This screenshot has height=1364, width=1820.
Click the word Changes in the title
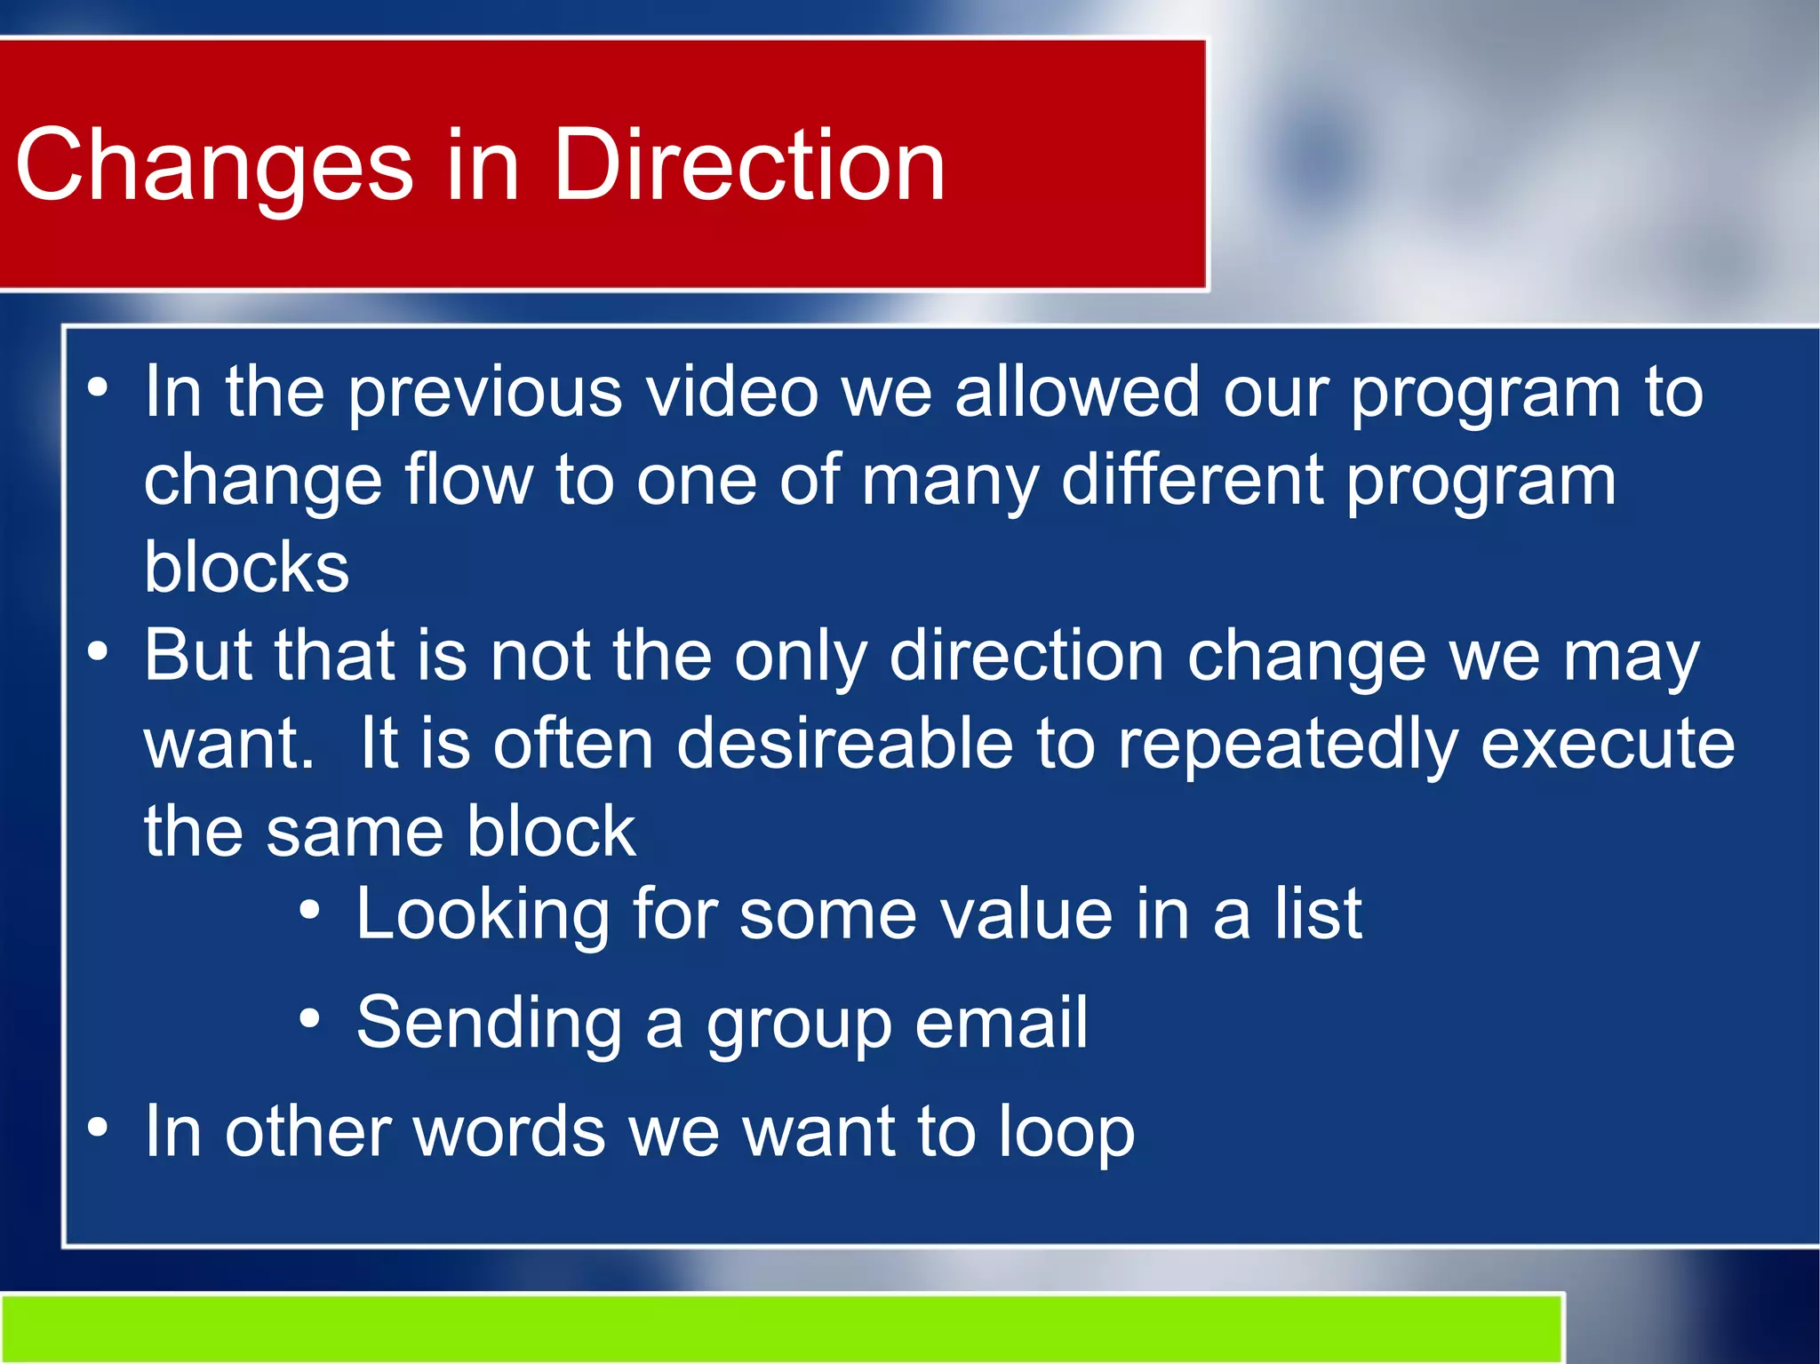(214, 166)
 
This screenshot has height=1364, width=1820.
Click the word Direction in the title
(748, 166)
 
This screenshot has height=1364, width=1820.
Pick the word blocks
(246, 568)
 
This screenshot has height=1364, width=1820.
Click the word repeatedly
(1287, 745)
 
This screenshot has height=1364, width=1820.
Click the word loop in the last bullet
(1066, 1133)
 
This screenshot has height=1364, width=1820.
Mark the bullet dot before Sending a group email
(308, 1018)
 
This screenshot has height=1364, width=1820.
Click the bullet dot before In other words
(98, 1127)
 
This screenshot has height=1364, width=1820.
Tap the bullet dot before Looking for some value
(308, 909)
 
